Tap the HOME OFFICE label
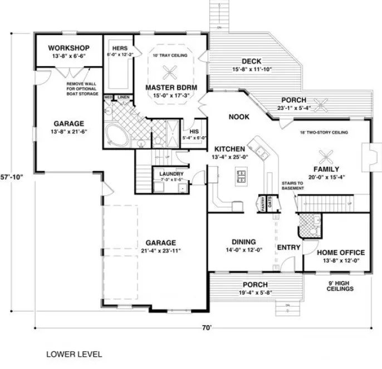pyautogui.click(x=340, y=252)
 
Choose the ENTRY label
pyautogui.click(x=288, y=247)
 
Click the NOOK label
pyautogui.click(x=238, y=117)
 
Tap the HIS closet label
pyautogui.click(x=195, y=124)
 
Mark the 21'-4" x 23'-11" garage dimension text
pyautogui.click(x=161, y=251)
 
